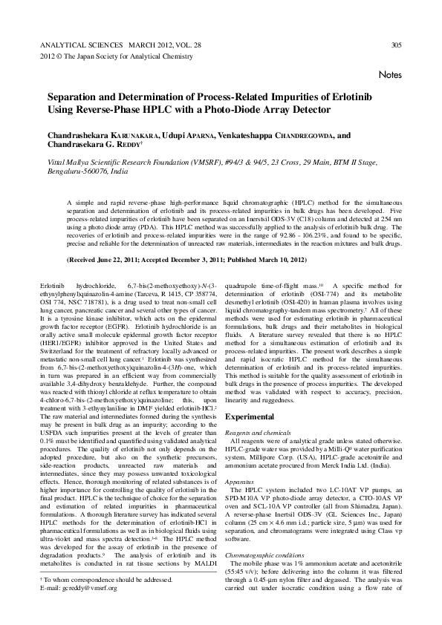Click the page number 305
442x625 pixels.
[x=396, y=45]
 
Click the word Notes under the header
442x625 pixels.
[x=390, y=75]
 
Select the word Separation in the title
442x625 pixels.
[x=75, y=98]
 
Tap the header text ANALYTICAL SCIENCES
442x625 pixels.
[x=78, y=45]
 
